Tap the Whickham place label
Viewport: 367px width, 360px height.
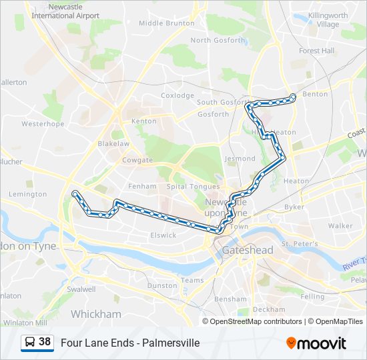[96, 313]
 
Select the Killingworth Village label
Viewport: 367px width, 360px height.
[328, 19]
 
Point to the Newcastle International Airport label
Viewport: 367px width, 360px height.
[65, 11]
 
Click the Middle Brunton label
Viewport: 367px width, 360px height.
[166, 23]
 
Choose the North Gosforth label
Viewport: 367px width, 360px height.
[218, 40]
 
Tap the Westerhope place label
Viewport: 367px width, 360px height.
[43, 124]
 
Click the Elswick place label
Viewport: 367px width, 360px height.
[163, 235]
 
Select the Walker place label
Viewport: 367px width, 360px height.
[340, 226]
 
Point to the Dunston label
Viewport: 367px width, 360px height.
[161, 285]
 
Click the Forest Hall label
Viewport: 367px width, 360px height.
[316, 51]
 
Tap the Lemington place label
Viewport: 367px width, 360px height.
[28, 195]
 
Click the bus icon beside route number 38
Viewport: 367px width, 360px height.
[30, 343]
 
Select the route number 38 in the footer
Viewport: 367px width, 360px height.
[45, 343]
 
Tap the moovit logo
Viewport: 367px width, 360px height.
[316, 343]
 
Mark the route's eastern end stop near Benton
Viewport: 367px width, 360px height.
[293, 97]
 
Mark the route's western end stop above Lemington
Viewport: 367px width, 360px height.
[75, 194]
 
